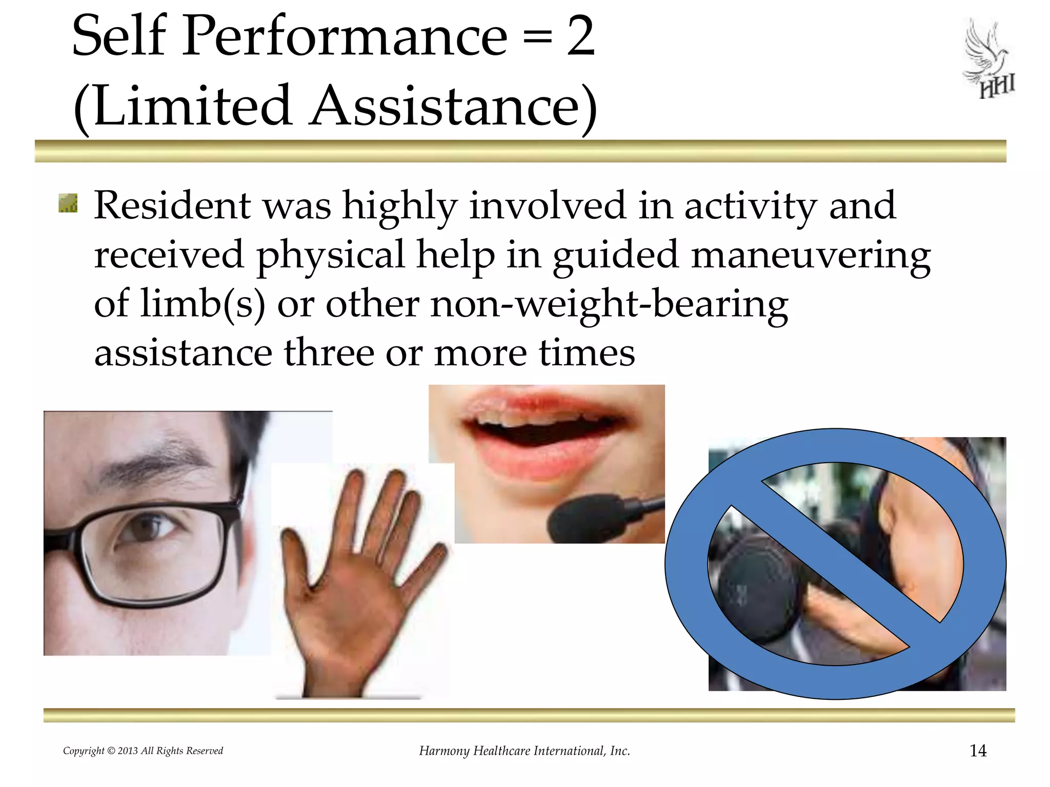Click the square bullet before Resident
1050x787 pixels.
pos(68,203)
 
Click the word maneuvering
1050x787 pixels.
pos(810,255)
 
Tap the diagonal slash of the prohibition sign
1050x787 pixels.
pos(836,564)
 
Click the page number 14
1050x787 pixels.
pos(978,751)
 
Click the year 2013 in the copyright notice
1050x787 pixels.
pos(128,751)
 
